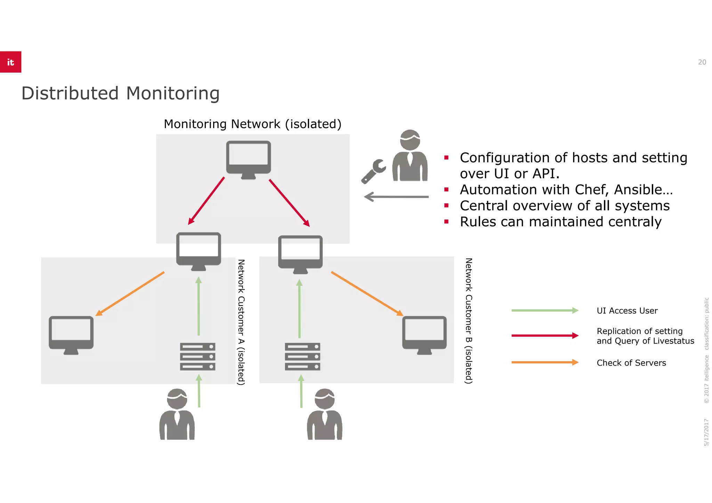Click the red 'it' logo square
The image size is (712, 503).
(x=10, y=62)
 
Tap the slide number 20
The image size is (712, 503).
(x=702, y=62)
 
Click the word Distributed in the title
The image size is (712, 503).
(x=70, y=94)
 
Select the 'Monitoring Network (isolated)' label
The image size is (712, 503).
(x=252, y=124)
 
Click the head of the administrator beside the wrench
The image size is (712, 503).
(x=410, y=140)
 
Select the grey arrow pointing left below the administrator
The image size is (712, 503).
(x=396, y=197)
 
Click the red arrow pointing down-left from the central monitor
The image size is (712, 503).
(x=206, y=201)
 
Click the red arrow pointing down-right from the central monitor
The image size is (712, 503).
(x=289, y=203)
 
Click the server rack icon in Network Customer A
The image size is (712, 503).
(x=197, y=357)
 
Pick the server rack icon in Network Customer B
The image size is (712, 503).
(x=302, y=357)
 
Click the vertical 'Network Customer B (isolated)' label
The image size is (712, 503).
(x=469, y=321)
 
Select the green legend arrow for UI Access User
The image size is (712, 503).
(x=544, y=310)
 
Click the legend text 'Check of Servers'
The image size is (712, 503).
(x=631, y=363)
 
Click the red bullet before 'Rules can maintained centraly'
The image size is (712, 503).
(x=446, y=222)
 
